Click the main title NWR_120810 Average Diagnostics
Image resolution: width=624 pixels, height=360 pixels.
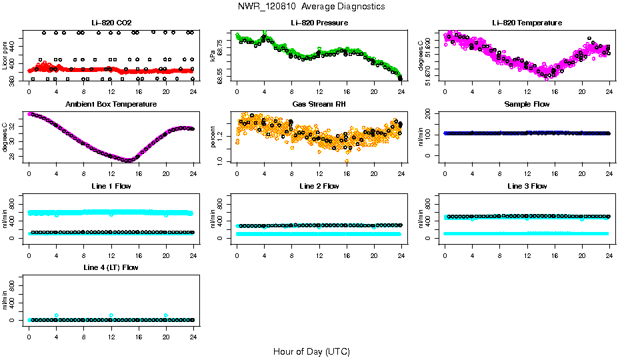[311, 7]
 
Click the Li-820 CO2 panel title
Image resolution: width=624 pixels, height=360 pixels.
[110, 23]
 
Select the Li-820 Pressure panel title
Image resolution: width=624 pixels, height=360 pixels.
[319, 23]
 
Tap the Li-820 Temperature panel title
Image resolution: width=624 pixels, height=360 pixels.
[527, 23]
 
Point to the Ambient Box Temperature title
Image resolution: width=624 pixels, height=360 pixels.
[111, 104]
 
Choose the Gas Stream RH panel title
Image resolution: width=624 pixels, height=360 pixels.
[319, 104]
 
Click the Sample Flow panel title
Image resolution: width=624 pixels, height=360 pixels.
[527, 104]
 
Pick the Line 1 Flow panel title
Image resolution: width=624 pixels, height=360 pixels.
[111, 186]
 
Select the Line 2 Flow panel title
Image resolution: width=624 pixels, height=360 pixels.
[319, 186]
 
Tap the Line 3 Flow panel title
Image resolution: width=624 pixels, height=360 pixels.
[527, 186]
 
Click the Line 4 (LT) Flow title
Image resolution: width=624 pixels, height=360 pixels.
[111, 267]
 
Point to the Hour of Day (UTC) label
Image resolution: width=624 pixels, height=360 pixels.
[311, 351]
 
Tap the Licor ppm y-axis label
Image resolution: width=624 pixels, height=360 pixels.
[5, 55]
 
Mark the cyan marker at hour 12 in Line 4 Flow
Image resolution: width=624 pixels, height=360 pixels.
[111, 315]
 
